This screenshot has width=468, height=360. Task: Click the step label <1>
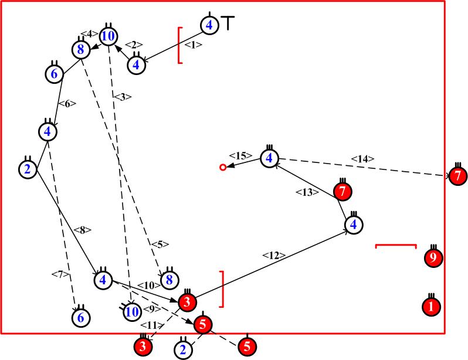click(192, 44)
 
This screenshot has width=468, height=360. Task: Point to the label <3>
click(123, 97)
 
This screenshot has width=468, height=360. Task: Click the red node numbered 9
click(435, 257)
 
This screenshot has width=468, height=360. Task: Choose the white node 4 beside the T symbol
click(209, 25)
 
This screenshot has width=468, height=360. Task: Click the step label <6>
click(69, 103)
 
